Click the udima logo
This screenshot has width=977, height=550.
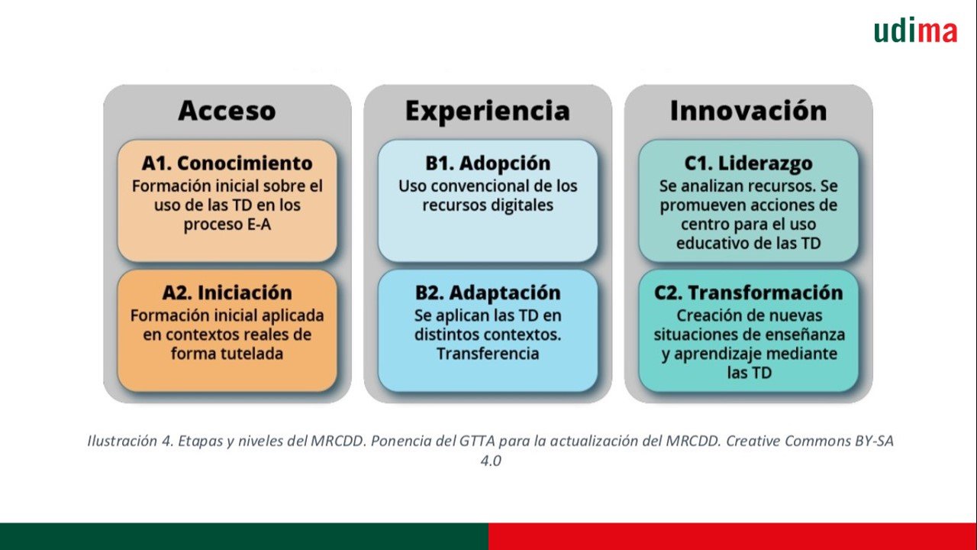[x=915, y=31]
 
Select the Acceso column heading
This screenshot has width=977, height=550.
[x=227, y=111]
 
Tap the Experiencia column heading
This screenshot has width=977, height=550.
[x=488, y=111]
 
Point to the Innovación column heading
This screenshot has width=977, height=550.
[x=749, y=111]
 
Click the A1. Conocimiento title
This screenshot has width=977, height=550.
[x=227, y=163]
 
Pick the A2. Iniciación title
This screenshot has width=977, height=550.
[x=227, y=293]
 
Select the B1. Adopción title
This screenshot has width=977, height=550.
[x=488, y=163]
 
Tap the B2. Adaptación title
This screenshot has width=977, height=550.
[x=488, y=293]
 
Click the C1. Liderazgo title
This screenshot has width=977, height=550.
[x=749, y=163]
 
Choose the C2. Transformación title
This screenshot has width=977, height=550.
[x=749, y=293]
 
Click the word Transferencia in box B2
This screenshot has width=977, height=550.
[x=488, y=354]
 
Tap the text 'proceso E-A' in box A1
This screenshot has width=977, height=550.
[x=227, y=225]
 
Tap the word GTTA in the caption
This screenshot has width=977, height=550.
[x=477, y=441]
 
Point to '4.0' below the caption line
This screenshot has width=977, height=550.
[x=491, y=461]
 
